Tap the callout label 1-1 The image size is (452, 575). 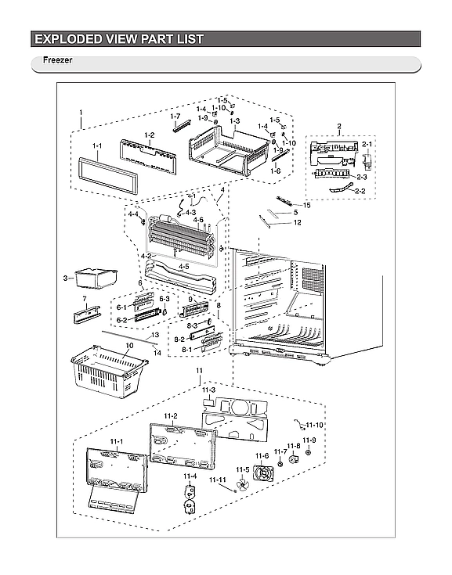(x=97, y=146)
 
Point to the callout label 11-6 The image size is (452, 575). (x=261, y=456)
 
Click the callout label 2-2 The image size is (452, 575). (x=360, y=191)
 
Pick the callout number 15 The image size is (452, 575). (x=307, y=205)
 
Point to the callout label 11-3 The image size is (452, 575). (x=208, y=389)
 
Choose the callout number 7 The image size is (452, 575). (x=84, y=299)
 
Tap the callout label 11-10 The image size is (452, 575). (x=314, y=425)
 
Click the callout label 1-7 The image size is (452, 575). (x=175, y=116)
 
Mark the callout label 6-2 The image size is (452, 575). (x=121, y=320)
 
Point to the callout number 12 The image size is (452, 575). (x=298, y=222)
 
